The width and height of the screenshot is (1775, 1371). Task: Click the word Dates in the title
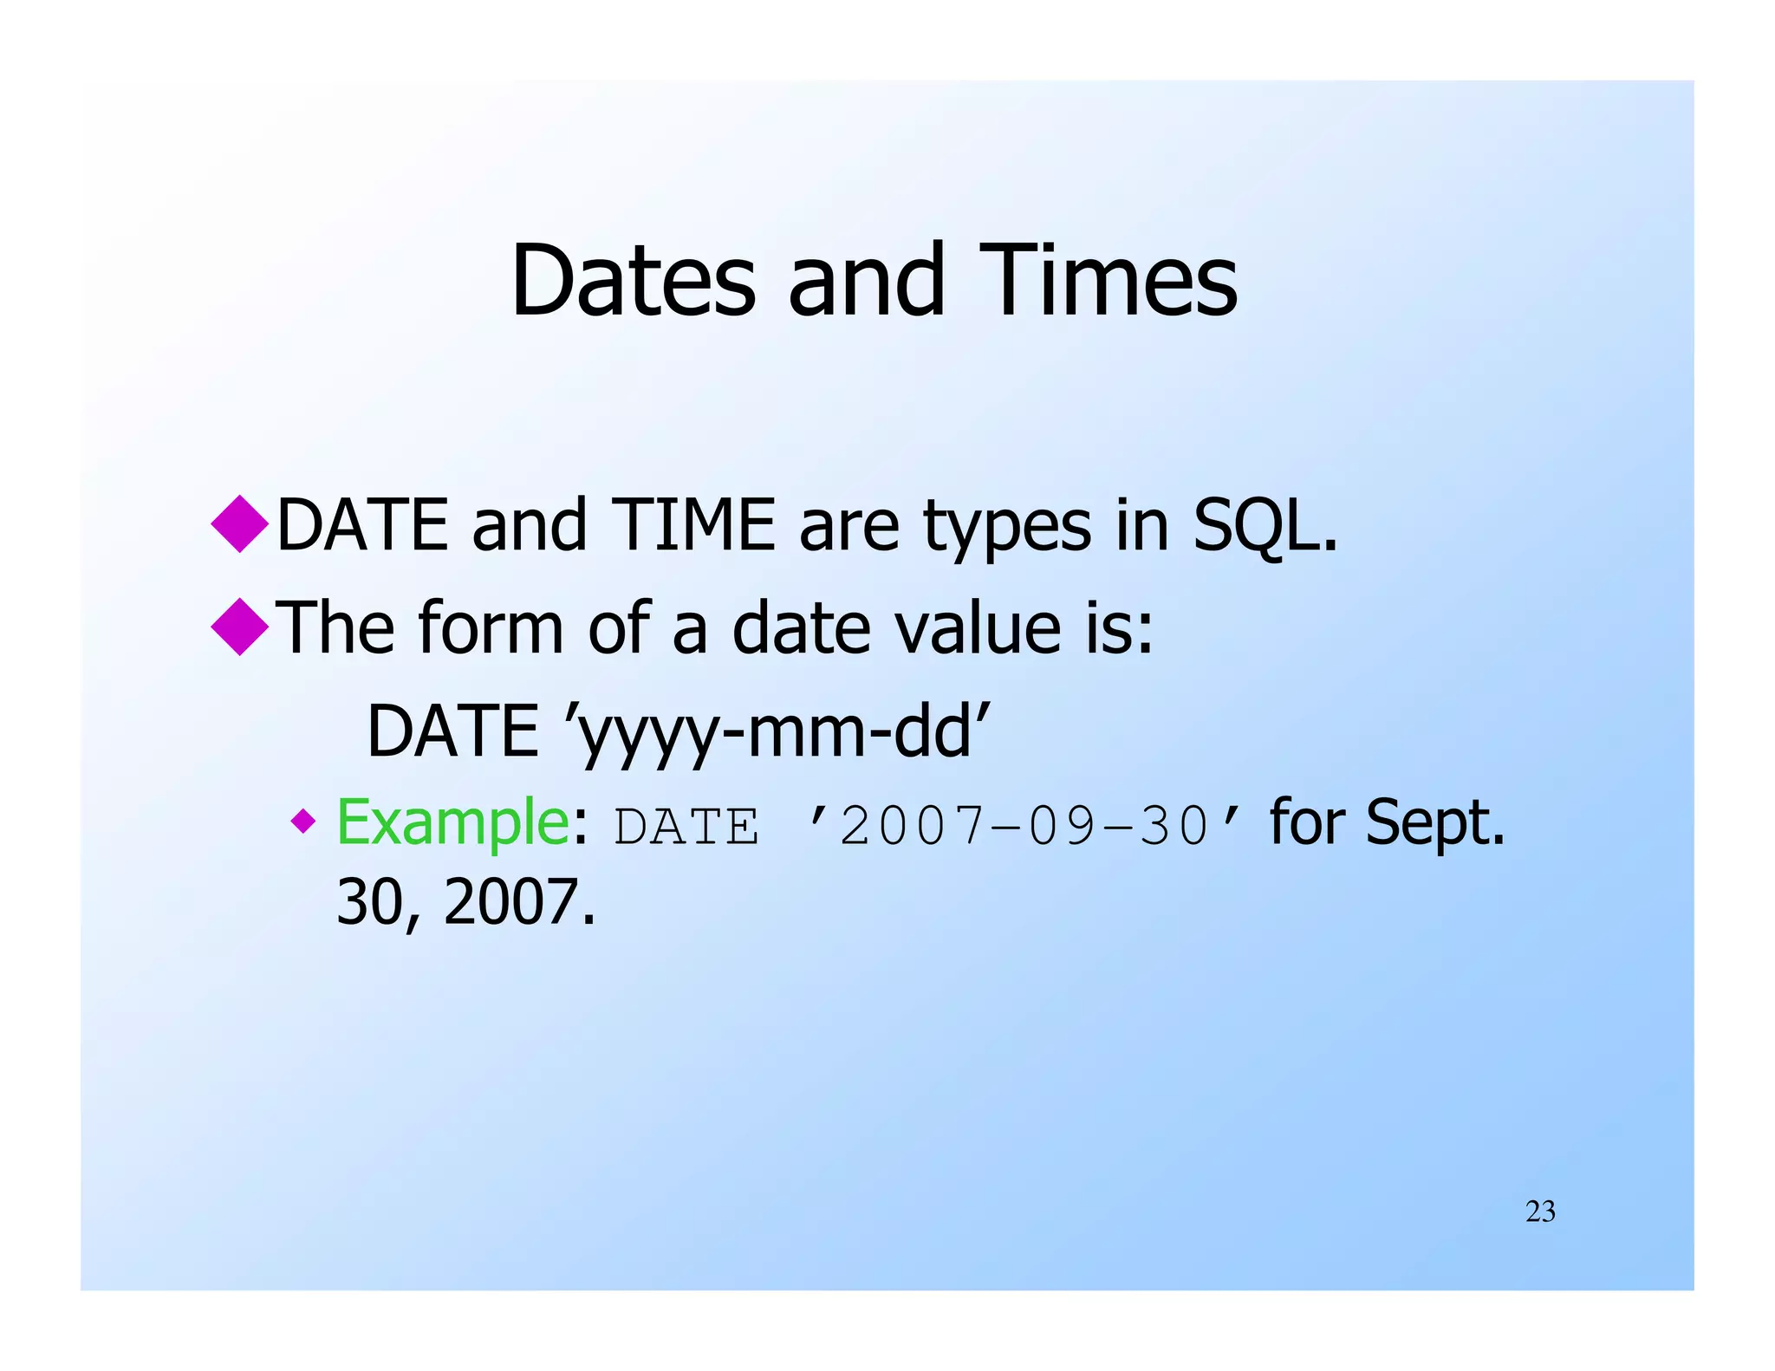point(634,282)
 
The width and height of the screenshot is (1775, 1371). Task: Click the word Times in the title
point(1109,282)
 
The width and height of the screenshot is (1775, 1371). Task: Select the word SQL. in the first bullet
point(1265,526)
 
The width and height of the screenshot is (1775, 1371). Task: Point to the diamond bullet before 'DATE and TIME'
point(240,523)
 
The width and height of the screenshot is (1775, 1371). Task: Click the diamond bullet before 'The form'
point(240,627)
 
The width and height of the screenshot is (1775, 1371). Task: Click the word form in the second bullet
point(491,627)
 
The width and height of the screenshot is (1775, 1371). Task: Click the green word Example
point(452,822)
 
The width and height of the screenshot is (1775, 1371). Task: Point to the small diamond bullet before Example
point(303,820)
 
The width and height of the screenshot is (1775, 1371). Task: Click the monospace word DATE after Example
point(686,826)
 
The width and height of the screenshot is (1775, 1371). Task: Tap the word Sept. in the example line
point(1435,822)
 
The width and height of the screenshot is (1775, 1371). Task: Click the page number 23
point(1540,1212)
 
